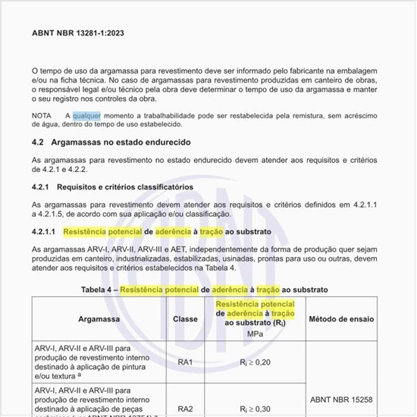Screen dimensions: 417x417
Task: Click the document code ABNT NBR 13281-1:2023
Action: (79, 33)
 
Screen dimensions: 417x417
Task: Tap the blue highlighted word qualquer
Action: (86, 115)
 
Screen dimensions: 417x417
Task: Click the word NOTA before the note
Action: (42, 115)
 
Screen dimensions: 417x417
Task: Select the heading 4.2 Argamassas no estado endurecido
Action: (111, 143)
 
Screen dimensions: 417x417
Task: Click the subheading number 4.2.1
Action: (41, 187)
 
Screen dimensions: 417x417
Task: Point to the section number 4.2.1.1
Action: (44, 231)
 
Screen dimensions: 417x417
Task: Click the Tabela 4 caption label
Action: (99, 290)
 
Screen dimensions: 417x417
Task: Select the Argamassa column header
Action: (99, 319)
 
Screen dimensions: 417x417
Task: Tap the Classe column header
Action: (185, 319)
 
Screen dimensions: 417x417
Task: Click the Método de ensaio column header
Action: (341, 319)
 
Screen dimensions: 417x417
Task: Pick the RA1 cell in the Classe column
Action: (185, 362)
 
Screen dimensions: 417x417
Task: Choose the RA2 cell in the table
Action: (185, 409)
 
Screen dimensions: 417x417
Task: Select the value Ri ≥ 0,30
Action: (254, 409)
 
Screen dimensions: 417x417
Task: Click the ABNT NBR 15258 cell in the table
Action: (341, 397)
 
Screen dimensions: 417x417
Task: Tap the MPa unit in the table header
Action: (255, 334)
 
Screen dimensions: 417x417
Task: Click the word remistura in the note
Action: (298, 115)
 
